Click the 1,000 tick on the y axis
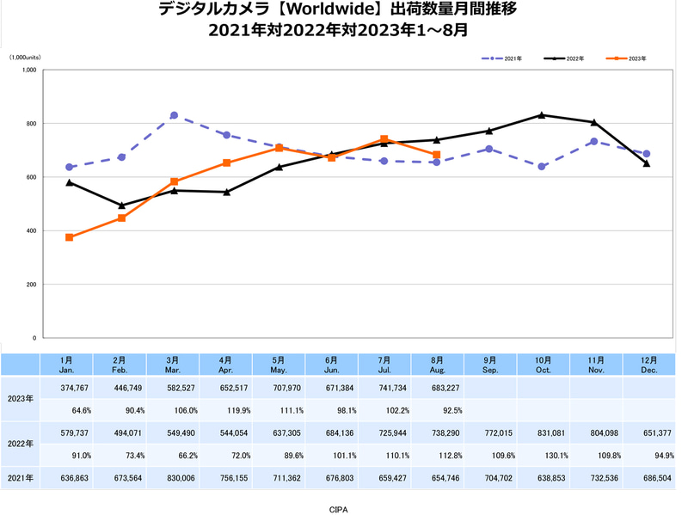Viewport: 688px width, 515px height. pos(28,71)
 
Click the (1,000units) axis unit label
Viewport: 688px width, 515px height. pos(25,57)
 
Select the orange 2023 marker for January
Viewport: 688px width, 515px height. pos(69,237)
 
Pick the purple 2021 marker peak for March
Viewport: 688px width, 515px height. pos(174,115)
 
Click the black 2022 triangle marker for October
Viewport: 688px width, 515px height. pos(541,114)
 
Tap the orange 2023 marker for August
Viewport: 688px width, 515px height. pos(437,155)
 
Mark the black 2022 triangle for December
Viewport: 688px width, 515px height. pos(647,163)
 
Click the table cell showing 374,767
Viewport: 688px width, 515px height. pos(69,387)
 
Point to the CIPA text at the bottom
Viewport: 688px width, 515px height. pos(339,508)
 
